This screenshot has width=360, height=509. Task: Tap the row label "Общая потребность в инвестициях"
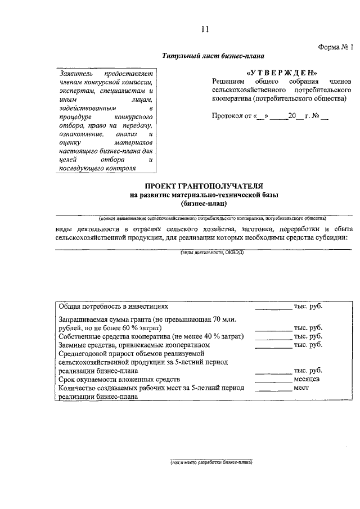coord(113,307)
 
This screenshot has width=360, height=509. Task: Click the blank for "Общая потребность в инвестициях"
coord(273,308)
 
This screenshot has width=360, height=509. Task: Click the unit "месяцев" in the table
coord(307,380)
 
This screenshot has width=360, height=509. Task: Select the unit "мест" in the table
coord(301,388)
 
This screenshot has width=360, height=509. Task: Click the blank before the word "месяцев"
coord(273,381)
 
